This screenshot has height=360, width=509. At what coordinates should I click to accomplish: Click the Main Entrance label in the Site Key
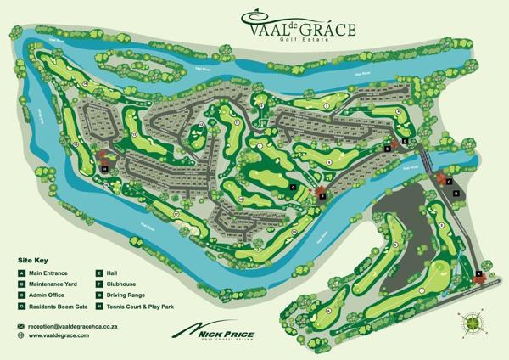coord(51,272)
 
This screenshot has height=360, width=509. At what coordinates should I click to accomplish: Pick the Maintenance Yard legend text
coord(55,283)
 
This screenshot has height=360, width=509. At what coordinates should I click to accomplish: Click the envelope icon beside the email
coord(20,326)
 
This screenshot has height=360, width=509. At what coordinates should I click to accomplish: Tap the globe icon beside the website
coord(20,335)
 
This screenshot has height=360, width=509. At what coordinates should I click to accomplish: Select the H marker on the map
coord(104,168)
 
